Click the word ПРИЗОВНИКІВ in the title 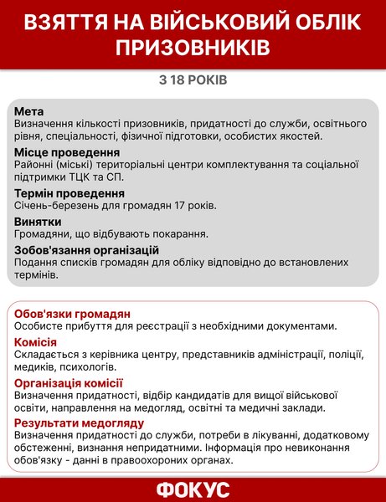pyautogui.click(x=193, y=48)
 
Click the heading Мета pyautogui.click(x=29, y=111)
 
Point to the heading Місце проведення pyautogui.click(x=67, y=152)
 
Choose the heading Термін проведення pyautogui.click(x=69, y=193)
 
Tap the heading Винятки pyautogui.click(x=38, y=221)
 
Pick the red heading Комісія pyautogui.click(x=36, y=341)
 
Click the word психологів pyautogui.click(x=88, y=367)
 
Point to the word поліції pyautogui.click(x=340, y=355)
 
